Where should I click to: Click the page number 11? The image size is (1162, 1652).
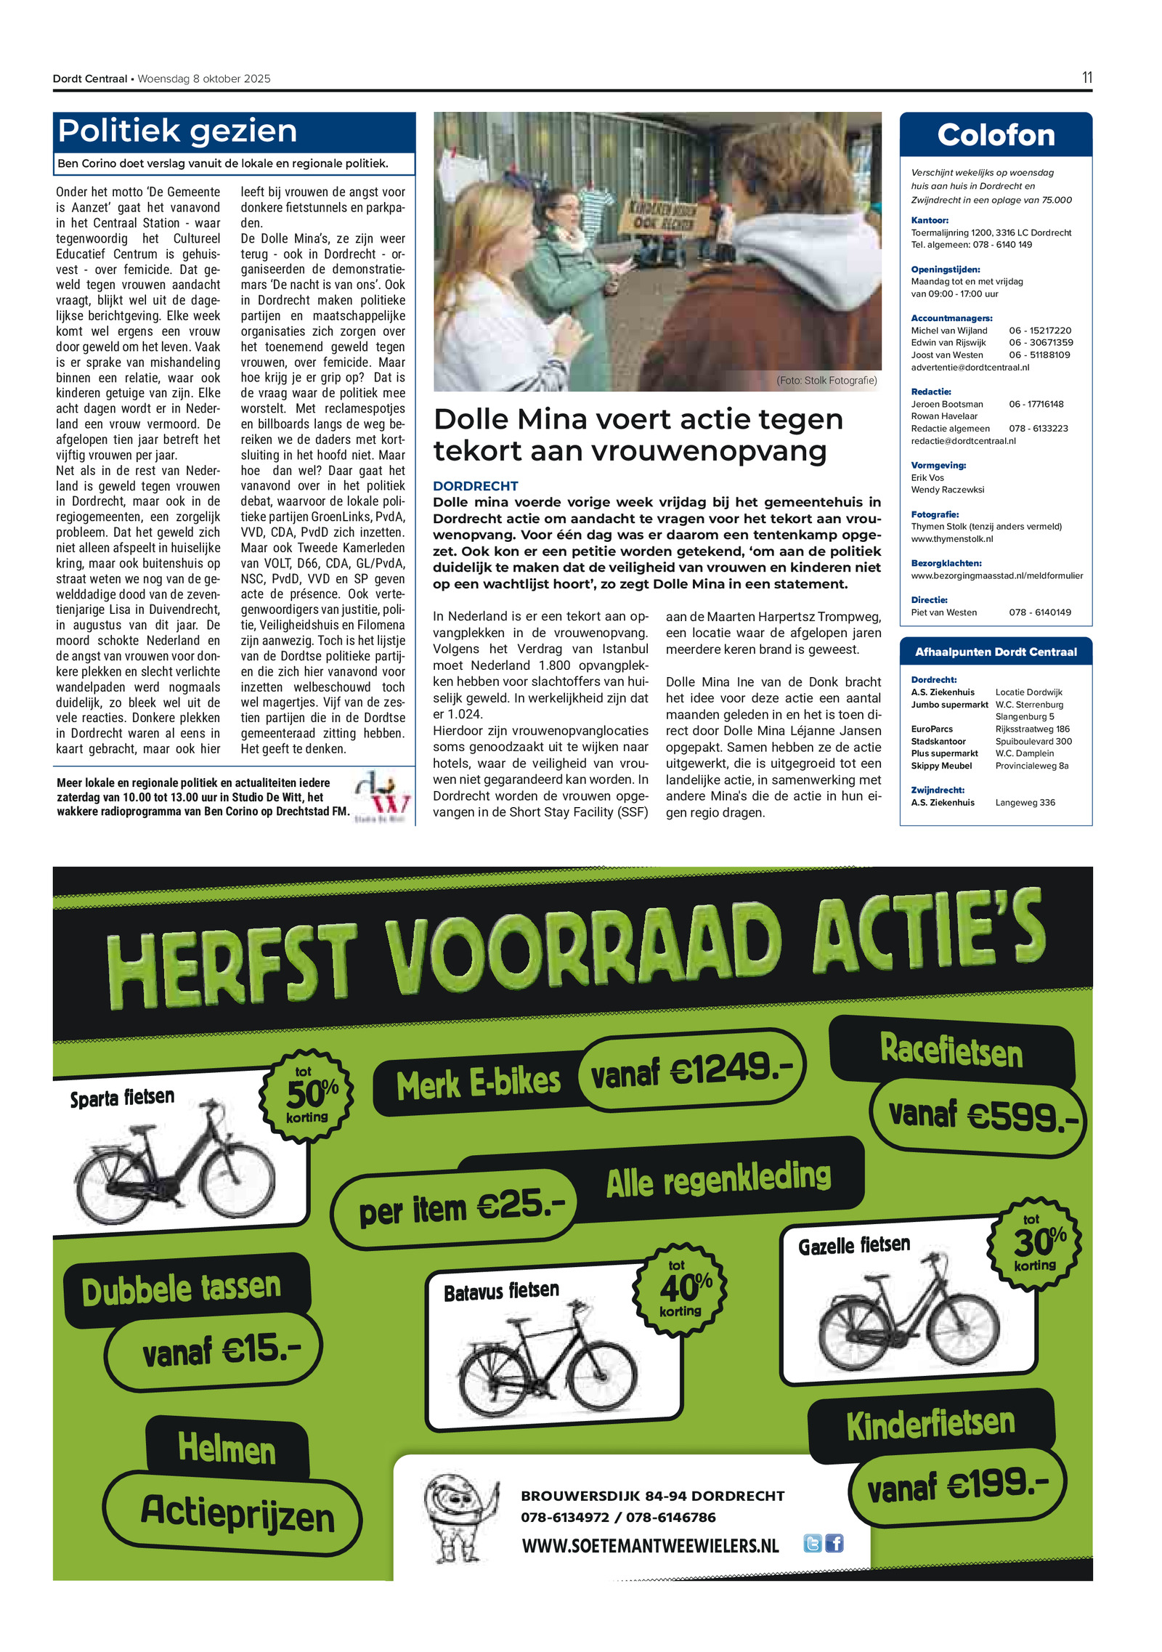[x=1086, y=78]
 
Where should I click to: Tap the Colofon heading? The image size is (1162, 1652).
[x=995, y=135]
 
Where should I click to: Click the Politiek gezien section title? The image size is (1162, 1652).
[x=178, y=131]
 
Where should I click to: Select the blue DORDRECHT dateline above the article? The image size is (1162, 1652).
[x=475, y=486]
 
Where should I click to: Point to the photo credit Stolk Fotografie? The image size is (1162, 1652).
[x=826, y=381]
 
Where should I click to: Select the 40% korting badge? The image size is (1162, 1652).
[x=680, y=1289]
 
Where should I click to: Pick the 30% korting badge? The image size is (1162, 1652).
[x=1036, y=1243]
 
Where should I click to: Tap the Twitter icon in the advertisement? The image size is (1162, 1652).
[x=812, y=1544]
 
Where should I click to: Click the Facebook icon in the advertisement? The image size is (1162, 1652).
[x=834, y=1544]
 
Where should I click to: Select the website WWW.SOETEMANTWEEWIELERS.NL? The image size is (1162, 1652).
[x=650, y=1546]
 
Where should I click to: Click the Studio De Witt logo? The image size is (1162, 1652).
[x=382, y=797]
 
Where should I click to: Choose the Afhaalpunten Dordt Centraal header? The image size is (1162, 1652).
[x=995, y=652]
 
